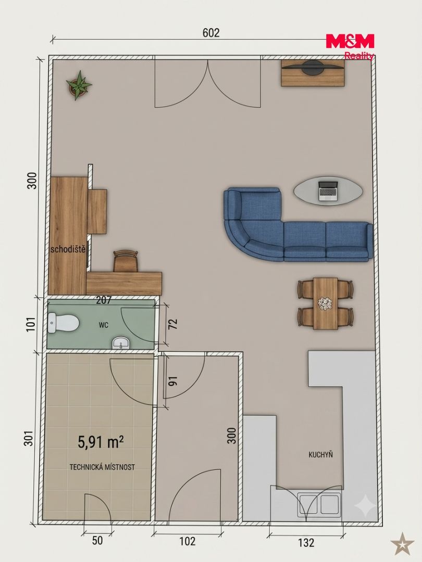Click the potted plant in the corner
tap(79, 85)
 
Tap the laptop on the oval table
tap(328, 190)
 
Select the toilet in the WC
tap(63, 323)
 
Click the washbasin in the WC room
tap(121, 343)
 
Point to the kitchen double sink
tap(319, 505)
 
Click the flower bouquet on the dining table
tap(326, 303)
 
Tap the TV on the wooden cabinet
tap(313, 67)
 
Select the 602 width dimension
tap(211, 33)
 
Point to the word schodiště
tap(68, 249)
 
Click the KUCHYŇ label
tap(321, 454)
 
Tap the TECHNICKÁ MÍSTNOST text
tap(102, 467)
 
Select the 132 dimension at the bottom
tap(306, 543)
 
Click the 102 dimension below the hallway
tap(187, 541)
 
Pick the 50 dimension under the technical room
tap(97, 541)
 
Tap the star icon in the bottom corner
tap(402, 543)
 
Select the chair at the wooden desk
tap(126, 261)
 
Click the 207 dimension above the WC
tap(104, 300)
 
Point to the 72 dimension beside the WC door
tap(173, 324)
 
